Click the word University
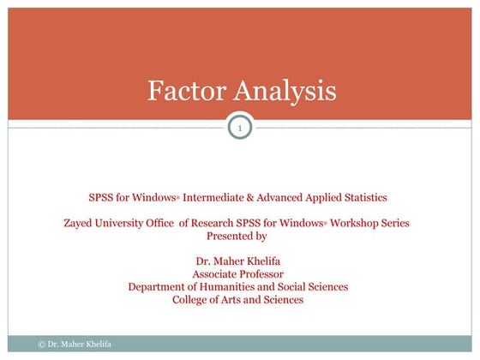[124, 223]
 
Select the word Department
[159, 287]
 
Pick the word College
[193, 300]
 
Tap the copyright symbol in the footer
[42, 344]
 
